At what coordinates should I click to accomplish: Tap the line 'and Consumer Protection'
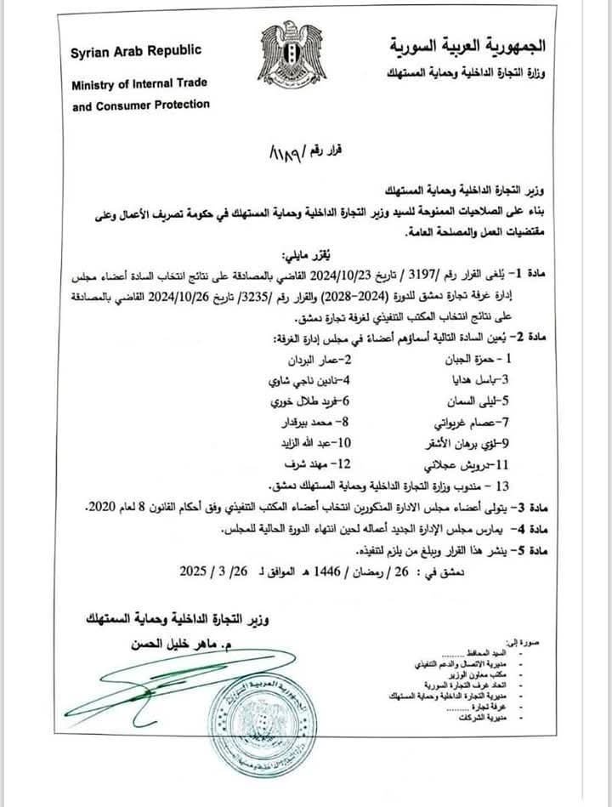(139, 105)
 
